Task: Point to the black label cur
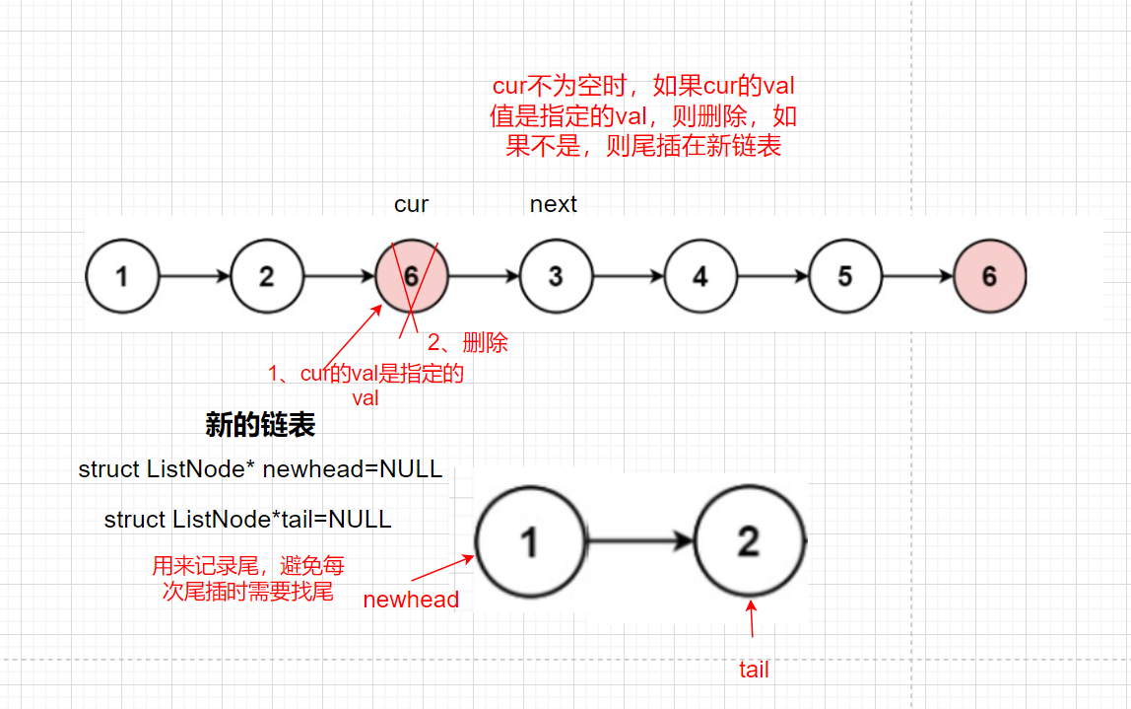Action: [411, 204]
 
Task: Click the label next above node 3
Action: [554, 204]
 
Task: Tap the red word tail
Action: [754, 670]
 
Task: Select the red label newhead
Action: [411, 600]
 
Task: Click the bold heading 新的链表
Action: [260, 425]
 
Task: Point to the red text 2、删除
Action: [467, 342]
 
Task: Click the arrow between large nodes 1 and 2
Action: [640, 540]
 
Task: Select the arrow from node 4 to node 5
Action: [772, 276]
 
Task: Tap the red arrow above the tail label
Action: [752, 619]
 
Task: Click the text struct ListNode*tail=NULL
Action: [247, 519]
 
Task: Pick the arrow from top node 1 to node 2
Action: [195, 276]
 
